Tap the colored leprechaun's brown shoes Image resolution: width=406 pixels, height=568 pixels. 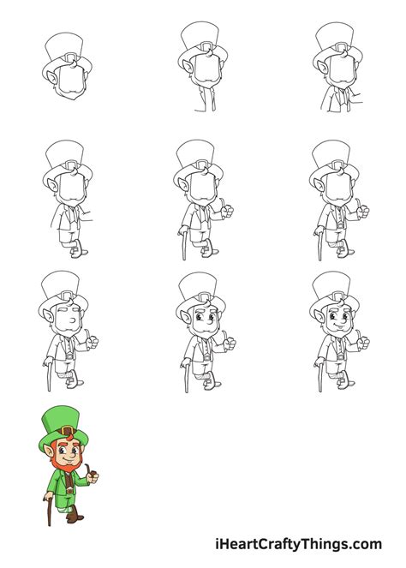tap(75, 516)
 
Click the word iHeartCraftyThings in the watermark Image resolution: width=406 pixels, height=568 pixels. tap(293, 543)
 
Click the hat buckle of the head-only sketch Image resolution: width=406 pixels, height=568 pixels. tap(71, 61)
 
